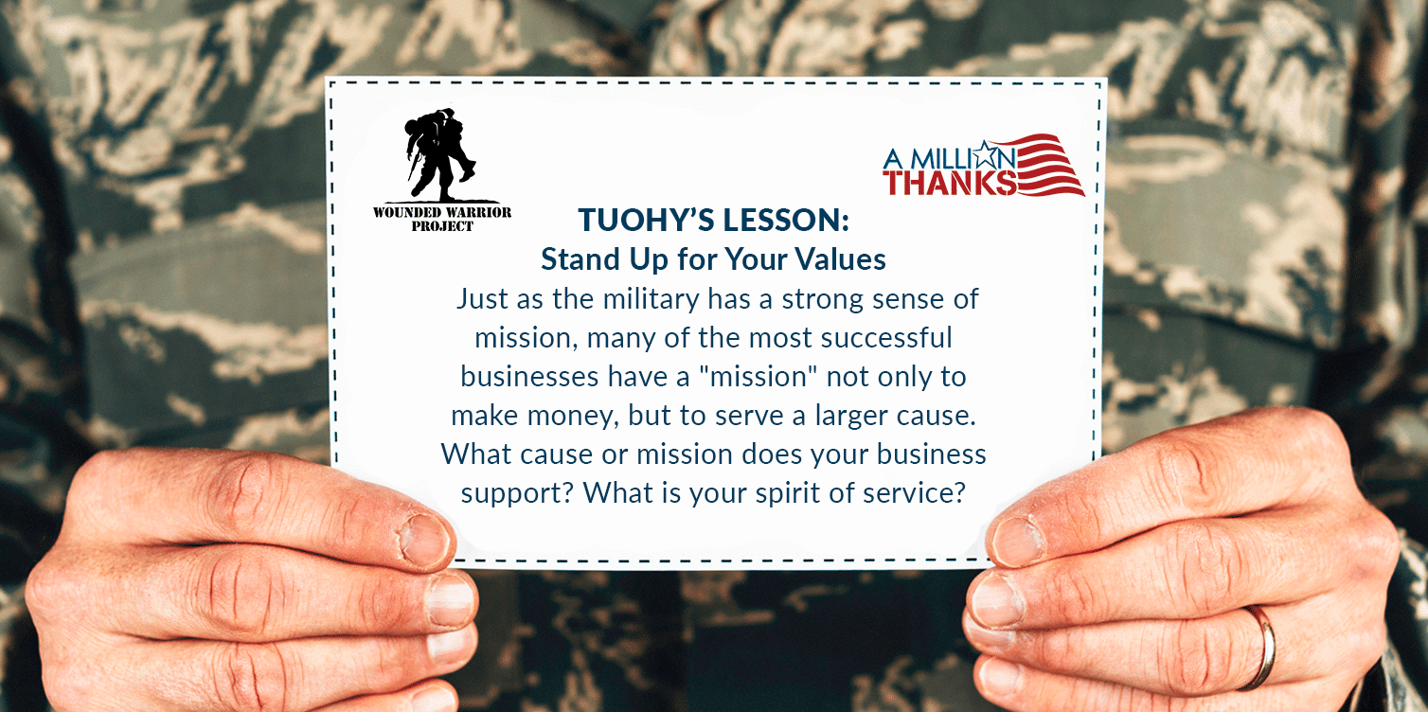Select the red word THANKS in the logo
(x=950, y=182)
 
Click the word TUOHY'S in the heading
(x=646, y=220)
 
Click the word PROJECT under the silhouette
(x=442, y=226)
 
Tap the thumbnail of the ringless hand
(x=424, y=541)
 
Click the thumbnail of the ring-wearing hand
(x=1017, y=541)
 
